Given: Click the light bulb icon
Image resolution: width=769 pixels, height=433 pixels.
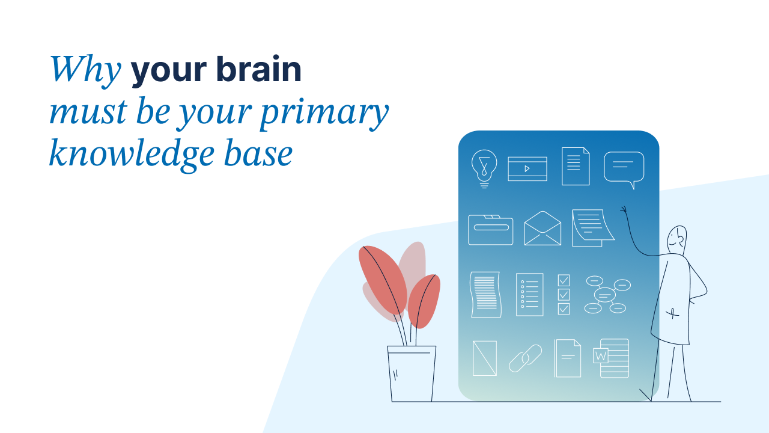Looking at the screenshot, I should [x=484, y=168].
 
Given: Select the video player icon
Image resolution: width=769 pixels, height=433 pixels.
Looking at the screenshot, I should [x=527, y=168].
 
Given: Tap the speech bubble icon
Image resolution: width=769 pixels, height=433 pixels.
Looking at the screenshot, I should [x=624, y=169].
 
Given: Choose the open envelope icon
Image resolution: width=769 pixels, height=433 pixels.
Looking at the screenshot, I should [x=543, y=229].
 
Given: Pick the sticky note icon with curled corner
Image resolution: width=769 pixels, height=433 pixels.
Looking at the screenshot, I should [x=592, y=228].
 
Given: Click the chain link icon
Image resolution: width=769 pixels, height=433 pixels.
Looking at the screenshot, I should [x=525, y=358].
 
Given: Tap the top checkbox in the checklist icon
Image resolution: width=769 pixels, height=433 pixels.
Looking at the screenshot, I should [x=564, y=280].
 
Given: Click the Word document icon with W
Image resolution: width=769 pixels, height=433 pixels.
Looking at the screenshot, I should [x=612, y=358].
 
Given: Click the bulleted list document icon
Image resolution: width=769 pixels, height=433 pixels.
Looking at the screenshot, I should [x=529, y=295].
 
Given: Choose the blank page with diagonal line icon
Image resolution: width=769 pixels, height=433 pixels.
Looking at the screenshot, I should [x=485, y=358].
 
